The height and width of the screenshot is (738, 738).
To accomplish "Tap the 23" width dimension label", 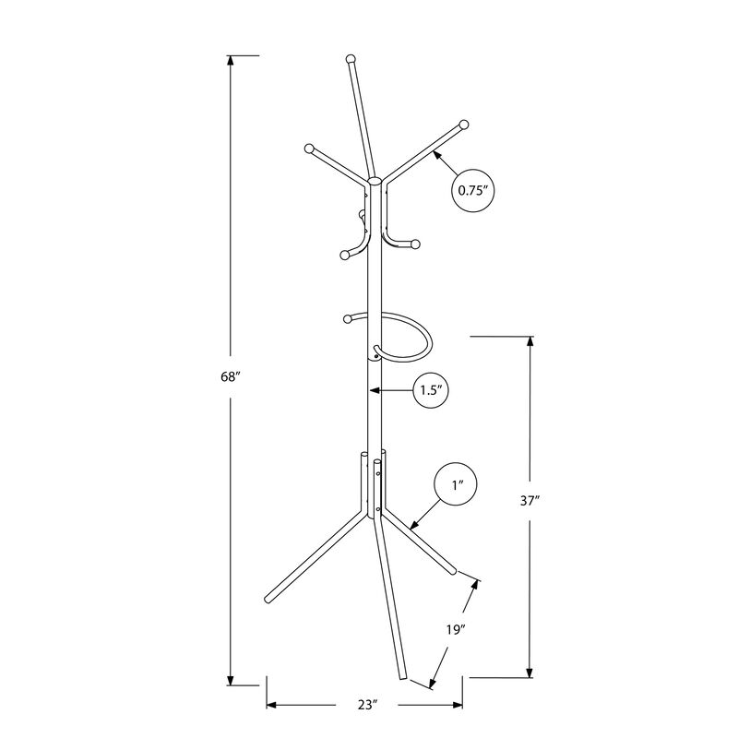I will pos(368,705).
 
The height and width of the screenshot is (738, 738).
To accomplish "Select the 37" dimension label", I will pos(530,503).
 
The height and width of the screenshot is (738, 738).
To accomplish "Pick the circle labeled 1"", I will pos(456,483).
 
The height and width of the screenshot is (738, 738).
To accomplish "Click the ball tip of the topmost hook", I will pos(350,60).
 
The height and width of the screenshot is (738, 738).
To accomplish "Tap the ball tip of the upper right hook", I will pos(463,124).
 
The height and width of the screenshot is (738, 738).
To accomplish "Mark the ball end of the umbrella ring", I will pos(349,319).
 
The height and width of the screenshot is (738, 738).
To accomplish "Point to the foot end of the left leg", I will pos(268,597).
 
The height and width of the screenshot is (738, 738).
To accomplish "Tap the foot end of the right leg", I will pos(453,573).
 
